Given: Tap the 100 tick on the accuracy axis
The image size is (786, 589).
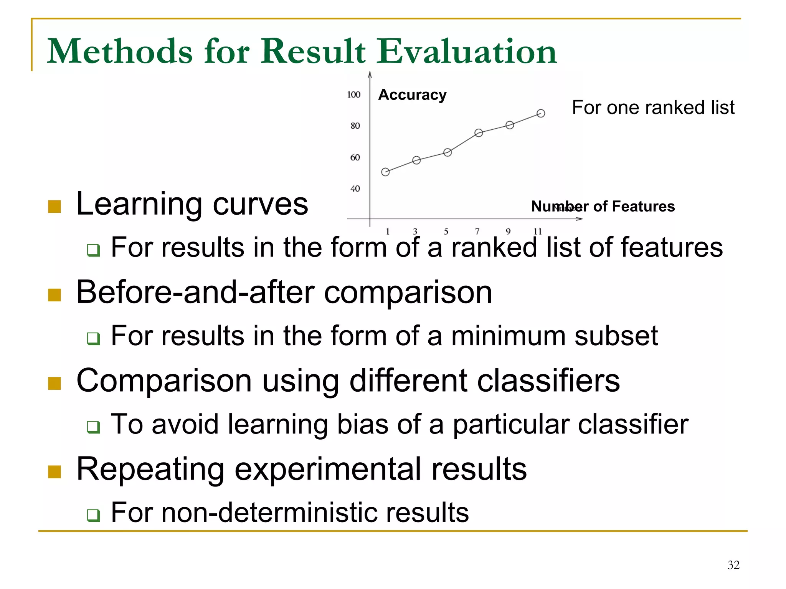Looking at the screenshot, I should coord(353,94).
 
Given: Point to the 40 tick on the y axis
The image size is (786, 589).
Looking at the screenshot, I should coord(355,189).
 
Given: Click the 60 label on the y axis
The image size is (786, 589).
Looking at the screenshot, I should coord(355,157).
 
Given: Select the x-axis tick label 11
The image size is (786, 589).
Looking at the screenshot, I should coord(537,232).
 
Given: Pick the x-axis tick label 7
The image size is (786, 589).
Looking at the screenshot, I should coord(477,232).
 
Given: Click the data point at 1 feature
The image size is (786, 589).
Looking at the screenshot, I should coord(385,172).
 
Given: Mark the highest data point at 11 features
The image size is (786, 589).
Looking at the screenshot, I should coord(541,113).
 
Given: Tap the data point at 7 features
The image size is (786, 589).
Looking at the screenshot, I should coord(479,133).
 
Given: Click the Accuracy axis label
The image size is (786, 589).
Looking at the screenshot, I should coord(412,94).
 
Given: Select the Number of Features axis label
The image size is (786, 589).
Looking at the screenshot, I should coord(603,207).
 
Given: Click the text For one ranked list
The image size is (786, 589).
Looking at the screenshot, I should coord(653,108).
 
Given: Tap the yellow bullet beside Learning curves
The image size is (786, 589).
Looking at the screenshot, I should coord(54,207).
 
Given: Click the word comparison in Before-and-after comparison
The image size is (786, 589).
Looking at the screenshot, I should coord(408,293).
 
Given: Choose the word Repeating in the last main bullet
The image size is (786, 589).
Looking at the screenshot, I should coord(150,469).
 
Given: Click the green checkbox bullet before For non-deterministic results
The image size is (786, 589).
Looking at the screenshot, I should coord(93,515).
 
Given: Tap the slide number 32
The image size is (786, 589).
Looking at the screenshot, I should coord(733,565).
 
